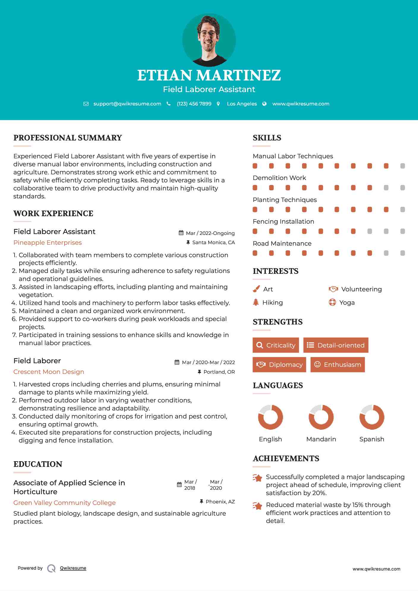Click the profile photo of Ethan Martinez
(209, 40)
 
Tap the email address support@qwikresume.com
(127, 104)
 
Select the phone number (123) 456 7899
(194, 104)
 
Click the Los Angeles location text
(242, 104)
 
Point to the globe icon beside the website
(264, 104)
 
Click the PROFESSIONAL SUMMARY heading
(68, 138)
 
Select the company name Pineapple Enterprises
(48, 243)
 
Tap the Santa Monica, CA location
(213, 243)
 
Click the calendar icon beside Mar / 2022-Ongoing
(181, 233)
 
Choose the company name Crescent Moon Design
(49, 372)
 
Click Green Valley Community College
(64, 503)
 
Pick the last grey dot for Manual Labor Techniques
(403, 166)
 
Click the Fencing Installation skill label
(283, 222)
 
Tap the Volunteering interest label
(361, 289)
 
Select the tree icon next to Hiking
(256, 302)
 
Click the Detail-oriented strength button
(336, 345)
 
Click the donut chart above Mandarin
(321, 417)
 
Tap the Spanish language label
(372, 439)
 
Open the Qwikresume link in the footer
(73, 568)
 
